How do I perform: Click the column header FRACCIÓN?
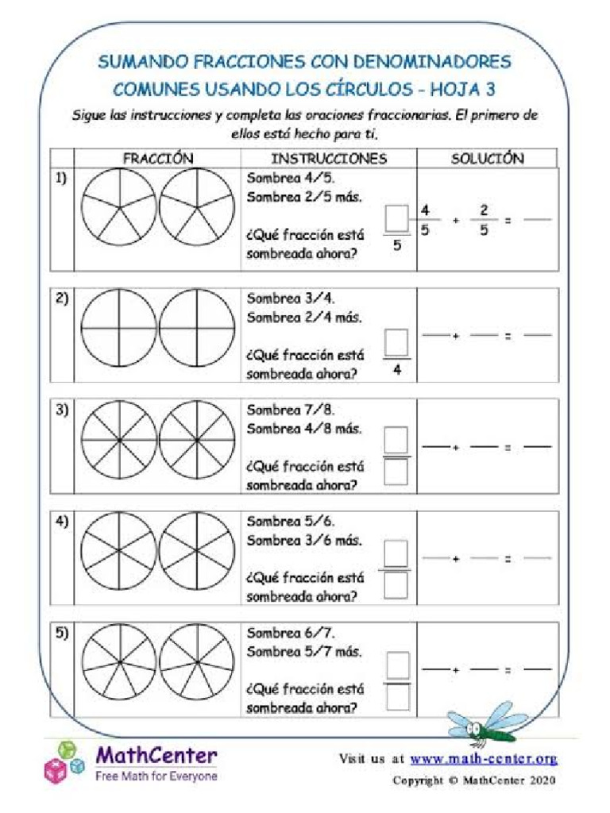[x=157, y=159]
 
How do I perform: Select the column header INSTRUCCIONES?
[x=329, y=159]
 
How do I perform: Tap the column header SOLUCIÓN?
[x=488, y=159]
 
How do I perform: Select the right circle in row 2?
[x=197, y=327]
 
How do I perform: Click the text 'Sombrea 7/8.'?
[x=291, y=410]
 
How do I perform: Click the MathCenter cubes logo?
[x=63, y=762]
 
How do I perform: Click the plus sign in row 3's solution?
[x=457, y=448]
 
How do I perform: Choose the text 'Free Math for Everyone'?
[x=156, y=776]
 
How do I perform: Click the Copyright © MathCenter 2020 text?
[x=474, y=780]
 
